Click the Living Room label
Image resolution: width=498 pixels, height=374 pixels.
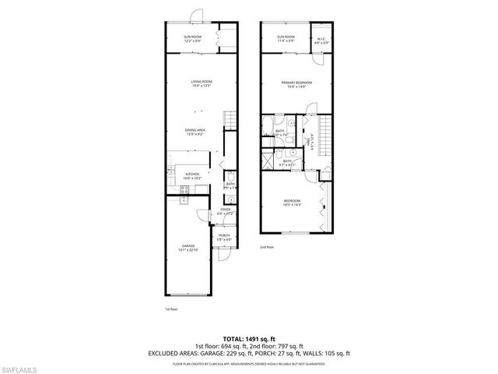coord(202,83)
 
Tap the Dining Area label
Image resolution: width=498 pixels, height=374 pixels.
coord(195,132)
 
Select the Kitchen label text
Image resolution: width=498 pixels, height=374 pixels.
coord(191,176)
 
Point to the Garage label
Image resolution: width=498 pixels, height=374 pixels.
coord(188,249)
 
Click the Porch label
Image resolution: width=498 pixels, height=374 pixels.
coord(224,238)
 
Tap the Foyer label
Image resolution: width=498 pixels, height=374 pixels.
coord(226,211)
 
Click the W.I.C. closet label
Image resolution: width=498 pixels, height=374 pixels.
coord(321,40)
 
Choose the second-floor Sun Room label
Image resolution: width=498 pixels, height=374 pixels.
coord(286,39)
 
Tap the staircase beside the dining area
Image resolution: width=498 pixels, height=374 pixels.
coord(230,120)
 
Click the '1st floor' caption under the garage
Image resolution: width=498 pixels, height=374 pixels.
coord(171,309)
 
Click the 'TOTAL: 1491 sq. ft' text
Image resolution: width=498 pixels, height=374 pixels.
coord(248,339)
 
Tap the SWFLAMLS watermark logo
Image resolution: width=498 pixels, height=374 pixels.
coord(23,366)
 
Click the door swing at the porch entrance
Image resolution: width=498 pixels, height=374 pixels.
coord(225,256)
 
